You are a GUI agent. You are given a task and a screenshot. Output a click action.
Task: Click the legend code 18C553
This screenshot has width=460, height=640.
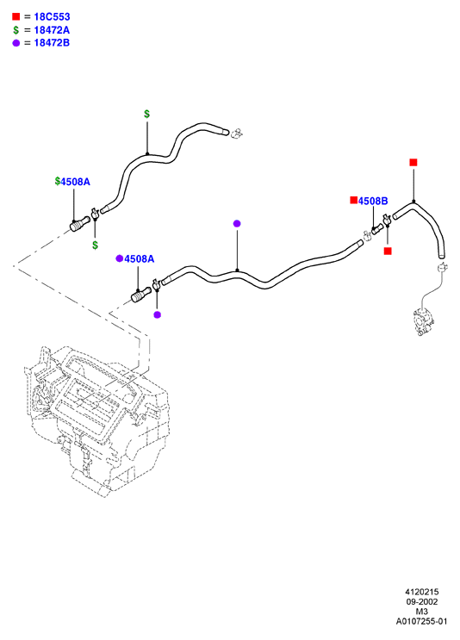click(x=52, y=16)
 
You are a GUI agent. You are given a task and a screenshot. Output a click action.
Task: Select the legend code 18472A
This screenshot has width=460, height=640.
click(x=52, y=30)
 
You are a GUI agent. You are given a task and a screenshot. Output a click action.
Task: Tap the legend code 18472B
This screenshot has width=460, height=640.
click(x=52, y=42)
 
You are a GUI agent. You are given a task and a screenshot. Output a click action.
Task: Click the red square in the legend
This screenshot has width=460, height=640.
click(x=16, y=16)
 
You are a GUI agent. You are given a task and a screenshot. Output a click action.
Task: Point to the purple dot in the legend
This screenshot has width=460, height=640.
click(x=16, y=43)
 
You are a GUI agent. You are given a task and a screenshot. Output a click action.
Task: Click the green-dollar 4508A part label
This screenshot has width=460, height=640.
click(x=75, y=182)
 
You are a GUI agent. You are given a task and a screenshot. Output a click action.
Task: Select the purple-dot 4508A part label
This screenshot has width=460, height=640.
click(x=140, y=258)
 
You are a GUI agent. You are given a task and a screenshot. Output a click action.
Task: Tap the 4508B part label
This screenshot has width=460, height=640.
click(x=373, y=201)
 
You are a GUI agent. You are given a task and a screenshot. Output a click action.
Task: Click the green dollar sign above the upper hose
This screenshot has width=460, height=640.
click(x=147, y=114)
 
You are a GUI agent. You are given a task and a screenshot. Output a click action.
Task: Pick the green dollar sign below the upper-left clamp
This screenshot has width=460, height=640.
click(x=95, y=245)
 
